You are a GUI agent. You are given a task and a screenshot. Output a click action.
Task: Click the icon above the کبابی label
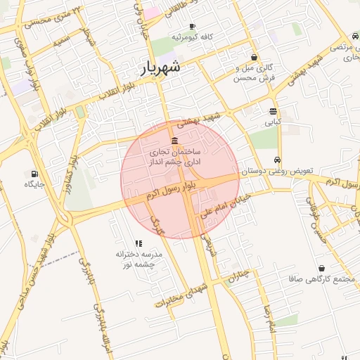273,111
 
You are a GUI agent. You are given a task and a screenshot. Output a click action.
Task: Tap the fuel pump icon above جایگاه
34,173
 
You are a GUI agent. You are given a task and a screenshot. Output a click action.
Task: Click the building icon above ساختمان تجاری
174,141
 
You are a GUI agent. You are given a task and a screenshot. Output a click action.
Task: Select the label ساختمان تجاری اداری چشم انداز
174,157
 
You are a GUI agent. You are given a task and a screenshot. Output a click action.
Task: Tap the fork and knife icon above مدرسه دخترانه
138,243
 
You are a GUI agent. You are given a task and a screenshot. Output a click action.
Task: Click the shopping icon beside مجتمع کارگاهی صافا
321,268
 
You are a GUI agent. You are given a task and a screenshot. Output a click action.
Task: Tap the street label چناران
238,276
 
